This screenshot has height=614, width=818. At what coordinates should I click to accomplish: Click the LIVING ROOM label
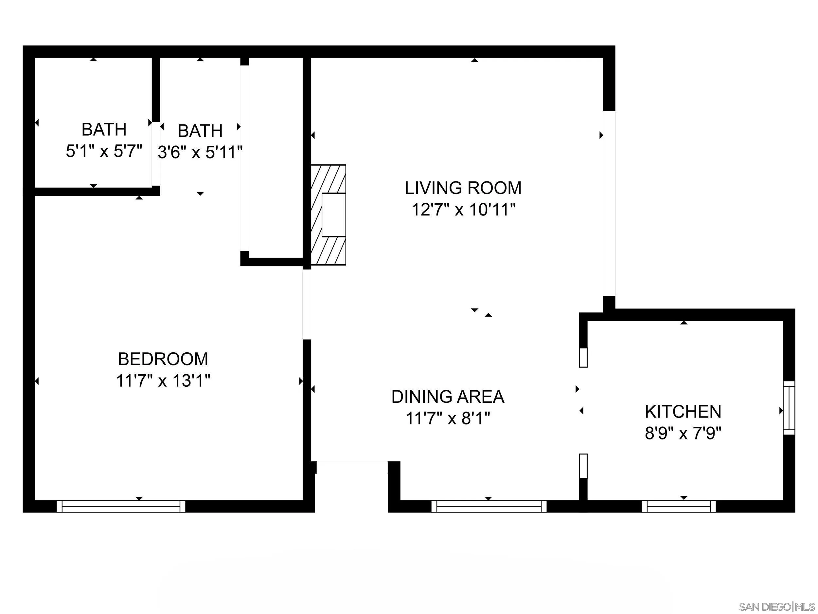click(x=463, y=188)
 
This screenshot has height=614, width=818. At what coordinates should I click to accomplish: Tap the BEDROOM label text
click(x=163, y=359)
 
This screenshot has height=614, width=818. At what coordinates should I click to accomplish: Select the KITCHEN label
click(x=683, y=412)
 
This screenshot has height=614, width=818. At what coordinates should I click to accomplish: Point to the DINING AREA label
click(x=448, y=397)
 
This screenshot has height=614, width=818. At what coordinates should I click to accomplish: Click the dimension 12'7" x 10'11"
click(x=463, y=210)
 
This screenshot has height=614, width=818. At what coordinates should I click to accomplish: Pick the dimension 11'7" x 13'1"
click(x=163, y=381)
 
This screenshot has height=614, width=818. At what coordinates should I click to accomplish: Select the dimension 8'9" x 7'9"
click(x=683, y=433)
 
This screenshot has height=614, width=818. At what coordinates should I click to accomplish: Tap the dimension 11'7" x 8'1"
click(x=448, y=419)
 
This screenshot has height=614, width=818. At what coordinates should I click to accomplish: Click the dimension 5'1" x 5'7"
click(x=104, y=151)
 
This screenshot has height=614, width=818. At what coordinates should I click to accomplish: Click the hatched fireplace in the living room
click(x=329, y=215)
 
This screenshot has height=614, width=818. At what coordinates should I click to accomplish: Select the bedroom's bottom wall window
click(x=121, y=506)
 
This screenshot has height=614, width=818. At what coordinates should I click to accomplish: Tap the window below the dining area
click(x=489, y=506)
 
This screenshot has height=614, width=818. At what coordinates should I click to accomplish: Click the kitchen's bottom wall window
click(x=679, y=506)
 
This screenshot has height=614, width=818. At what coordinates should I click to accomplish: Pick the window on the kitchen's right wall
click(x=789, y=408)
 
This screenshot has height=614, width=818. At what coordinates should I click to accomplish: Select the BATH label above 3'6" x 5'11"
click(x=200, y=131)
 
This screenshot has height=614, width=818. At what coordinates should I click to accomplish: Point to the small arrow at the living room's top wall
click(x=474, y=60)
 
